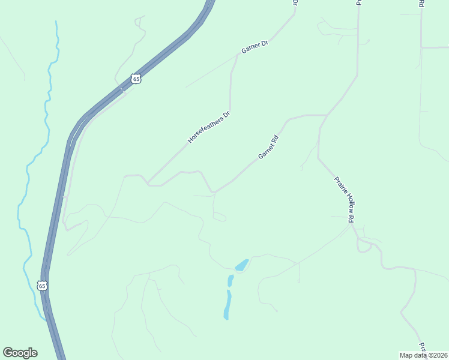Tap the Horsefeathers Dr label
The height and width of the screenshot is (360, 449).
[209, 127]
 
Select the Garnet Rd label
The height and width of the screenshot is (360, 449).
[269, 147]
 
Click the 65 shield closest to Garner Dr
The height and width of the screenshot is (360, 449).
[136, 79]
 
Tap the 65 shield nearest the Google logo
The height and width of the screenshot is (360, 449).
[41, 286]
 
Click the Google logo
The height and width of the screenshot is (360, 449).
[20, 352]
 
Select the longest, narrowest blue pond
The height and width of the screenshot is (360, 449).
[227, 305]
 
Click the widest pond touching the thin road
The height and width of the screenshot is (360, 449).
[242, 265]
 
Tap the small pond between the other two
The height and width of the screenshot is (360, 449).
[231, 280]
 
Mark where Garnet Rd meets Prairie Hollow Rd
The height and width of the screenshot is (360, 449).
[326, 115]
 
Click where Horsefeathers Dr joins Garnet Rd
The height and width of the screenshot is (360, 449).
[148, 184]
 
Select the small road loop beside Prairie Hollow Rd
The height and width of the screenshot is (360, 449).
[363, 246]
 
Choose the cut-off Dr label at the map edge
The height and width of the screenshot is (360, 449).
[295, 2]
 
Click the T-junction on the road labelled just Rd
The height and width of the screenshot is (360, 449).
[421, 47]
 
